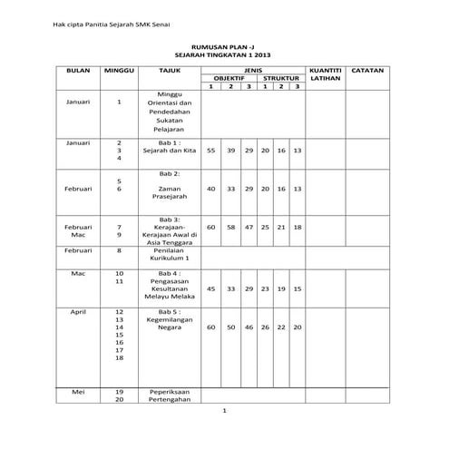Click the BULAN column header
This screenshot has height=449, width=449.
79,69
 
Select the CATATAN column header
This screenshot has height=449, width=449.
366,69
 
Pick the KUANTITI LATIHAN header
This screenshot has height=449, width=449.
324,73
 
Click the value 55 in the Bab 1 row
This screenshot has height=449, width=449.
211,150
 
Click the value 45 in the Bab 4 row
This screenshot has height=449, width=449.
211,288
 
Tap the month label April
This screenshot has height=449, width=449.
79,311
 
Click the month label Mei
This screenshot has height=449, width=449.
79,391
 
